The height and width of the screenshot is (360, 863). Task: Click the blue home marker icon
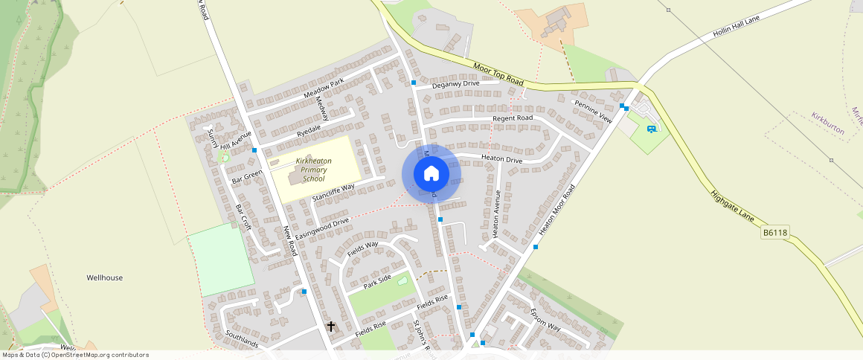point(431,174)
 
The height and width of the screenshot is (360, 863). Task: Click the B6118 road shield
point(774,233)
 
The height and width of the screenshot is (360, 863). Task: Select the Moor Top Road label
point(498,74)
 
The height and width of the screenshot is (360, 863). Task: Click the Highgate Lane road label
point(732,206)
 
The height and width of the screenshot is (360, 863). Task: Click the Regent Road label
point(513,118)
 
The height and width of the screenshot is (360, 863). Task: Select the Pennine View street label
point(592,110)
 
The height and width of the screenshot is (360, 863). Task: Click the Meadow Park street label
point(324,89)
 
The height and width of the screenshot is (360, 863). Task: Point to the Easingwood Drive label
point(322,229)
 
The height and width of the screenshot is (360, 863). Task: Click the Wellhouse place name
point(105,277)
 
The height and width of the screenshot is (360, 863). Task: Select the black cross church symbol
point(331,327)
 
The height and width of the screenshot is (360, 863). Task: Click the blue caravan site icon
point(652,129)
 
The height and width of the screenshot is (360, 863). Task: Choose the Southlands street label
point(242,339)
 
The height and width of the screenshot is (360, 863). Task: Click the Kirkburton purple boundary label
point(828,123)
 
